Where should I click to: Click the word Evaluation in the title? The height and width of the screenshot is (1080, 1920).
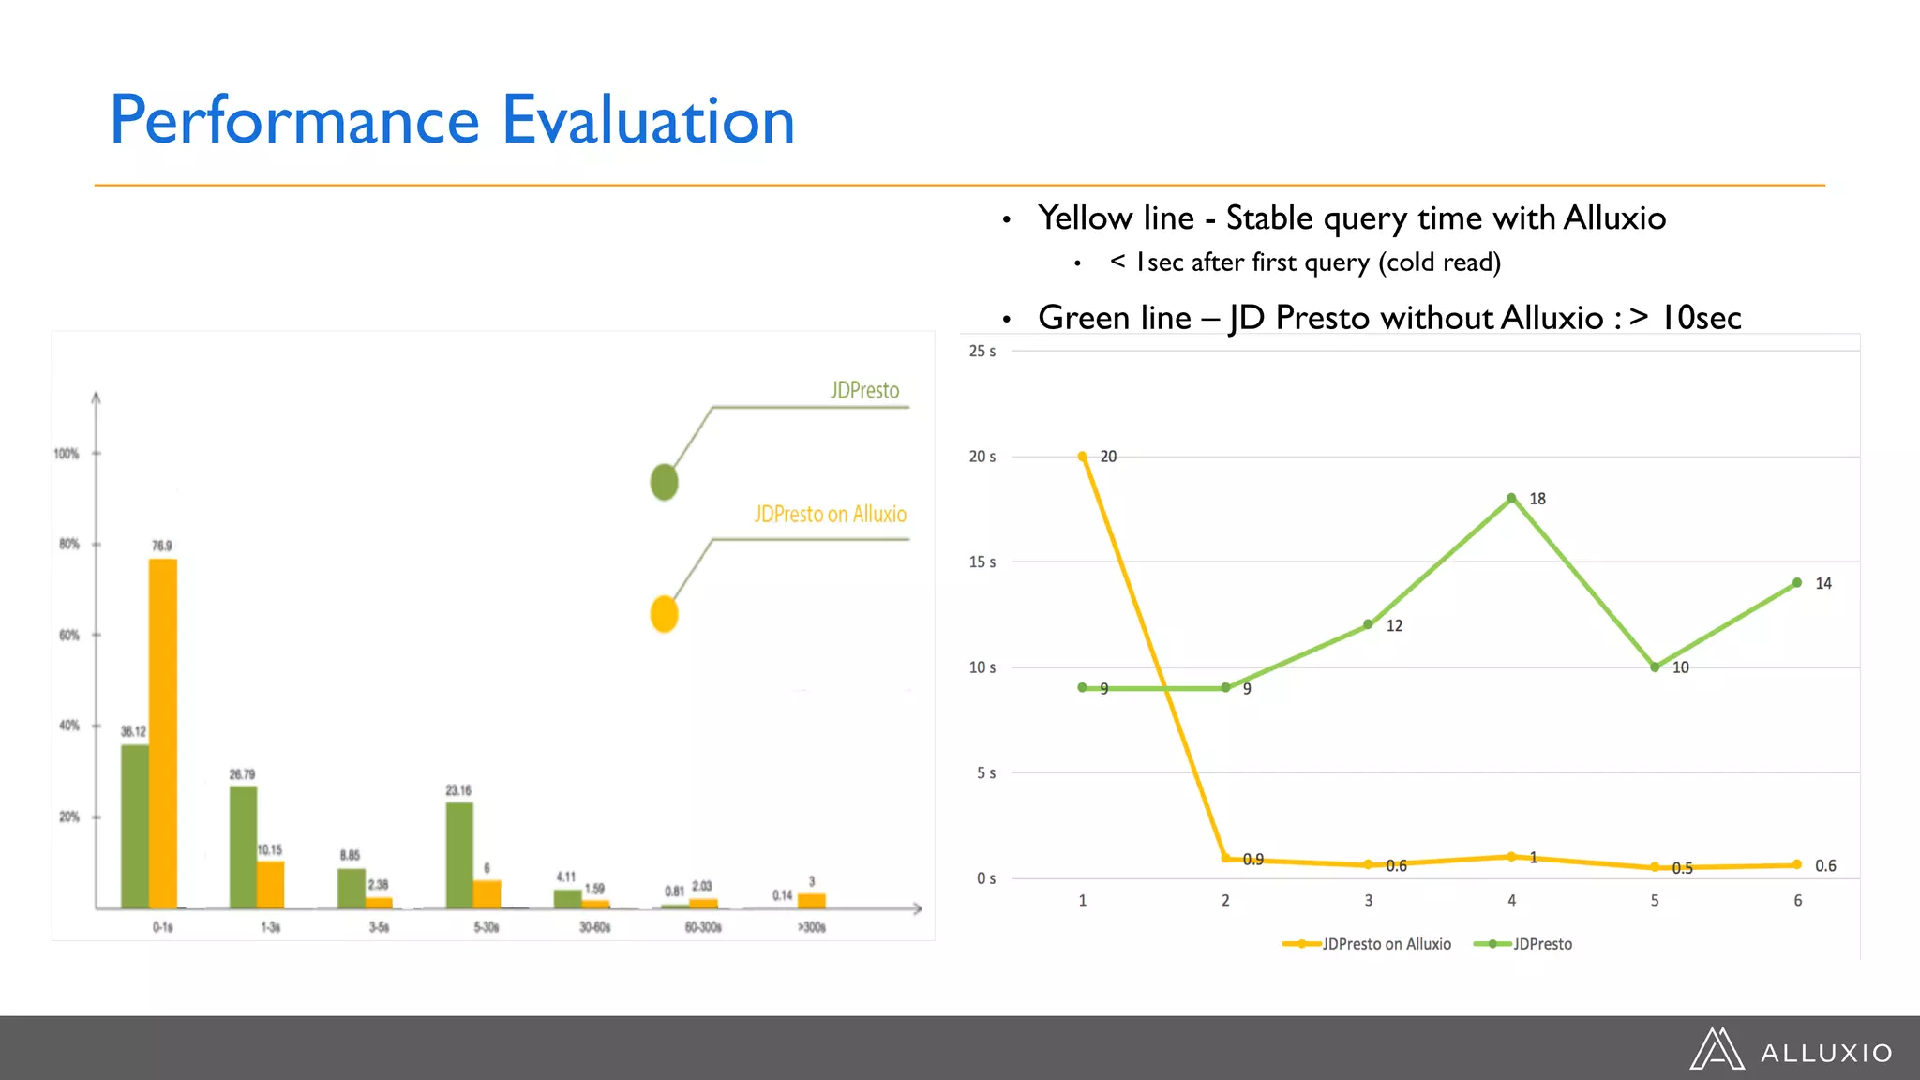(x=648, y=121)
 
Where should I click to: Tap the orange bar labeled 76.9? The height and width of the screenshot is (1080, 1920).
(x=163, y=731)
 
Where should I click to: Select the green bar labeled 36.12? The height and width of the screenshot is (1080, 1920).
(x=135, y=825)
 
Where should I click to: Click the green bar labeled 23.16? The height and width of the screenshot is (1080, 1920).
(x=459, y=854)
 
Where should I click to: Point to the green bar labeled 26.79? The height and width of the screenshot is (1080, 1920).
(x=243, y=846)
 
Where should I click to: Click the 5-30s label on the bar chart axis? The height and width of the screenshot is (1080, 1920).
(x=487, y=927)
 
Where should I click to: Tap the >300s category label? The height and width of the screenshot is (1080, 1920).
(x=812, y=927)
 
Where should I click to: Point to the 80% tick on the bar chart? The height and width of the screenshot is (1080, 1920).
(x=69, y=544)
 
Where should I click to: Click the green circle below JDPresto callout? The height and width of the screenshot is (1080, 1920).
(x=664, y=482)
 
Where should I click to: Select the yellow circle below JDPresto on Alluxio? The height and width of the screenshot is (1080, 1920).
(x=664, y=614)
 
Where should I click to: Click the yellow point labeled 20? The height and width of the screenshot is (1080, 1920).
(x=1082, y=457)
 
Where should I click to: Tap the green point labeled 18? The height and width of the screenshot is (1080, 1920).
(x=1511, y=499)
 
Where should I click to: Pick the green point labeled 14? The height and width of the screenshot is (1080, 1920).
(x=1797, y=583)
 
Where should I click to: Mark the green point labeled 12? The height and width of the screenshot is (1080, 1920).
(x=1368, y=624)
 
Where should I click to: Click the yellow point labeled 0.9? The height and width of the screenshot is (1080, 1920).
(x=1225, y=859)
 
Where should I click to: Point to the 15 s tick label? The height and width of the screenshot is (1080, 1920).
(x=982, y=562)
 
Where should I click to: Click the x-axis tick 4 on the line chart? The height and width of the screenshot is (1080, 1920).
(x=1511, y=900)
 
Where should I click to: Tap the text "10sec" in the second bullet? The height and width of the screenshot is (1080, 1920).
(x=1701, y=318)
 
